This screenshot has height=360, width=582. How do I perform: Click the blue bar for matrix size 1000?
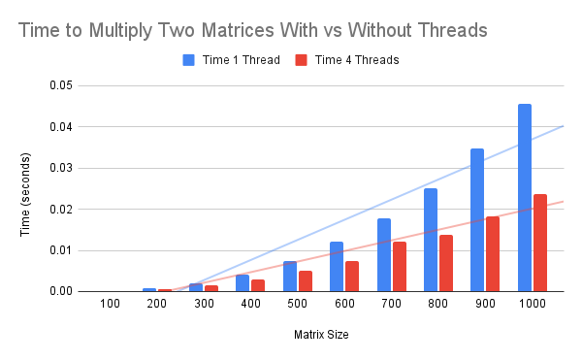[525, 198]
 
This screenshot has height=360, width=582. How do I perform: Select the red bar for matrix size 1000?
[540, 243]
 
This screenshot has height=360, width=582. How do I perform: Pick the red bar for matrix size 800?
[446, 263]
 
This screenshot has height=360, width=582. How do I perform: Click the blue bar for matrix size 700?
[384, 255]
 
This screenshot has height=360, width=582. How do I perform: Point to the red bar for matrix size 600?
[352, 277]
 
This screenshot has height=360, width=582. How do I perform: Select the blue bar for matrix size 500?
[290, 277]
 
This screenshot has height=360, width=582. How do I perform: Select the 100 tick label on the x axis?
[110, 305]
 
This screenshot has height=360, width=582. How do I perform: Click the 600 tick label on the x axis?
[344, 305]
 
